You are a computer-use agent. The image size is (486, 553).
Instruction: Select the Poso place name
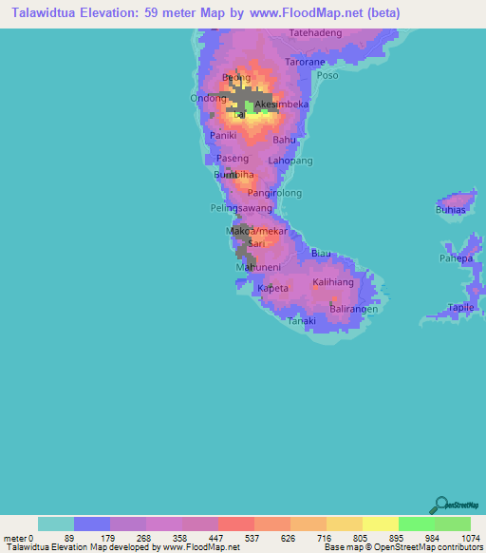tap(327, 75)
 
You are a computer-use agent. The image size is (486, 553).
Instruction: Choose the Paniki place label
tap(222, 136)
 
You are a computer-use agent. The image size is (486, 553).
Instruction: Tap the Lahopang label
tap(290, 162)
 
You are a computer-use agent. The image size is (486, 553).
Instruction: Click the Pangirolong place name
tap(274, 193)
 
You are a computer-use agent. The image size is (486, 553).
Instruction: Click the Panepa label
tap(456, 257)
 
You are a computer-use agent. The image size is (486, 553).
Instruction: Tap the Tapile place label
tap(461, 308)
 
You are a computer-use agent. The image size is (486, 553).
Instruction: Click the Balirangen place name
tap(354, 310)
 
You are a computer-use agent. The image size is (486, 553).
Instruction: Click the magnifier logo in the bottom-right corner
tap(440, 504)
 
